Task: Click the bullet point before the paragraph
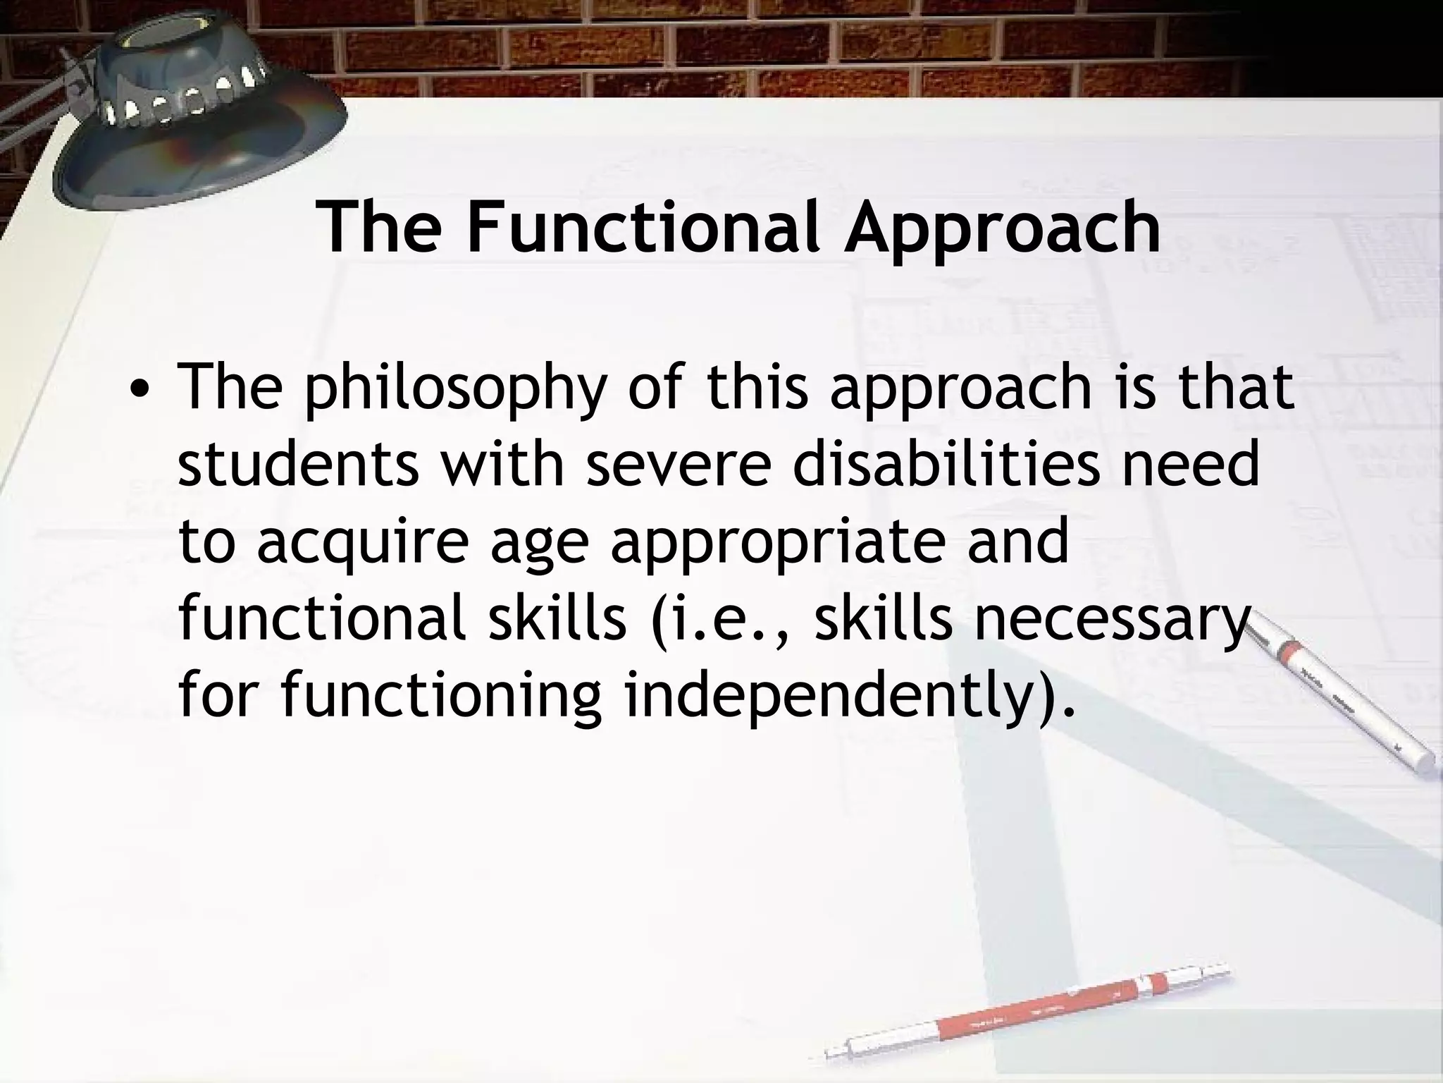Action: click(x=143, y=390)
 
